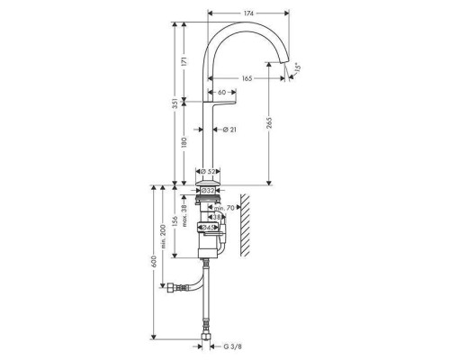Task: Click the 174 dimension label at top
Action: pyautogui.click(x=248, y=13)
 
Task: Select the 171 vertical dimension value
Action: pyautogui.click(x=184, y=61)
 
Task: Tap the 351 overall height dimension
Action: pyautogui.click(x=175, y=103)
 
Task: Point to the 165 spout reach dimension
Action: pyautogui.click(x=247, y=78)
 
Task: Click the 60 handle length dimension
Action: pyautogui.click(x=221, y=92)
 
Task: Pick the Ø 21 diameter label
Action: pyautogui.click(x=229, y=130)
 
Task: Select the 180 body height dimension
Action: pyautogui.click(x=184, y=142)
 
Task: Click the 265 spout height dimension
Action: pyautogui.click(x=269, y=122)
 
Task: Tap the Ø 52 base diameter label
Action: pyautogui.click(x=208, y=172)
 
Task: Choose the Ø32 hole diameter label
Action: pyautogui.click(x=208, y=191)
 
